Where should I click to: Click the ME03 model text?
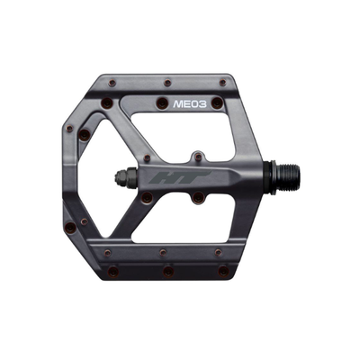click(190, 104)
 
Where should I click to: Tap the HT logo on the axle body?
click(180, 177)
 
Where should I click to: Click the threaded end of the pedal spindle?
click(285, 177)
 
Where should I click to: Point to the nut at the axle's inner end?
click(126, 178)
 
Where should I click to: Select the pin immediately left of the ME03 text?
click(162, 103)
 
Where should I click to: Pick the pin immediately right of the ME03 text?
click(217, 103)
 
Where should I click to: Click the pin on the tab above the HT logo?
click(198, 157)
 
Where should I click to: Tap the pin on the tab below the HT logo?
click(198, 197)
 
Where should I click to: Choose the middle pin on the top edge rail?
click(167, 83)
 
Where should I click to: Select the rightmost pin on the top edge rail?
click(222, 83)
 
